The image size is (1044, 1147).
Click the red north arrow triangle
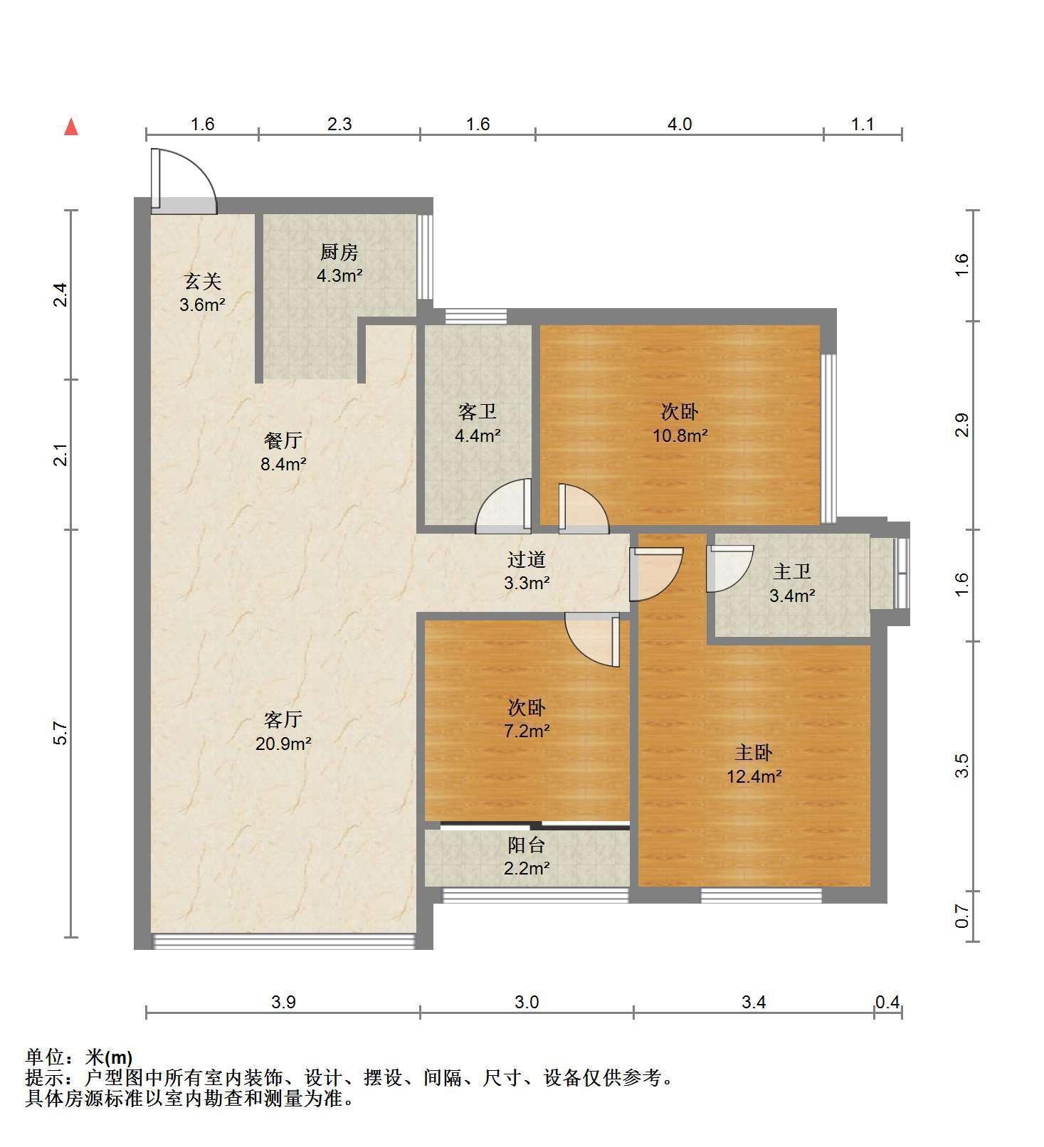tap(70, 127)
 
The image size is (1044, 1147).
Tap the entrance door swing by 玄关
tap(184, 181)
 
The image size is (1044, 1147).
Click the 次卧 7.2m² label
tap(527, 719)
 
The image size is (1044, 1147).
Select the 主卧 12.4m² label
tap(754, 764)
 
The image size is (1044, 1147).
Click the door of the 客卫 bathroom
tap(503, 507)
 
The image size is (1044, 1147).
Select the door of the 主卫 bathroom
tap(729, 569)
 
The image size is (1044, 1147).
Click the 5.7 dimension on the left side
tap(61, 733)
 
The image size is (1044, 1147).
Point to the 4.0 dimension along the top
tap(679, 124)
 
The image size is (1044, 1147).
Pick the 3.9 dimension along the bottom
tap(283, 1002)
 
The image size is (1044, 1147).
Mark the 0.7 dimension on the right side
tap(962, 916)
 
